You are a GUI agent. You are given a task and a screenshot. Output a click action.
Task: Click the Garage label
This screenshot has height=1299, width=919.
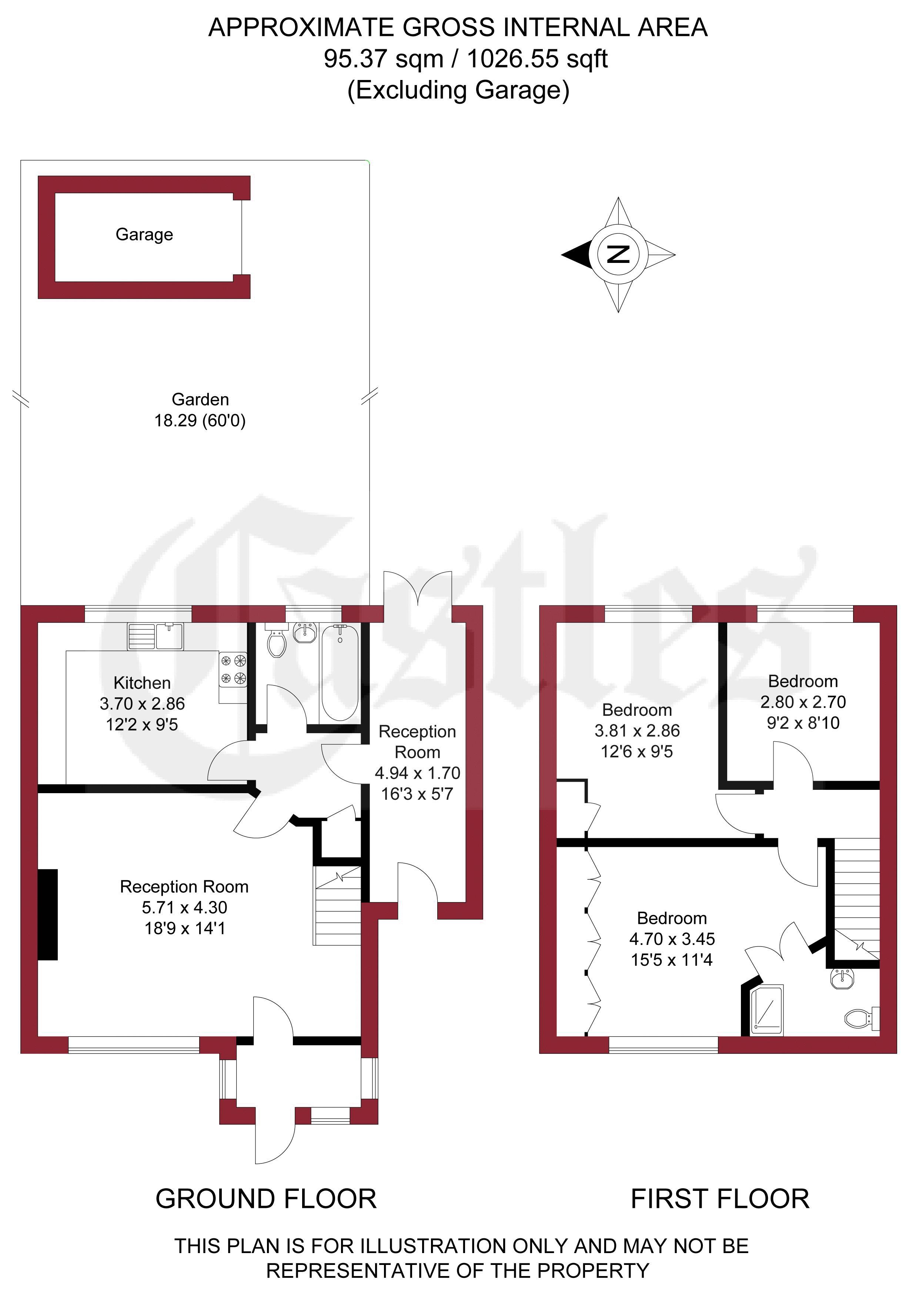pos(144,235)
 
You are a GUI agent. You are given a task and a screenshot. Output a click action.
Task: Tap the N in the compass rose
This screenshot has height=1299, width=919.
pos(618,255)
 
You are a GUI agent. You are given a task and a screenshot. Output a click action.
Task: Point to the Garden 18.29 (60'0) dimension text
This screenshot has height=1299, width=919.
pos(200,410)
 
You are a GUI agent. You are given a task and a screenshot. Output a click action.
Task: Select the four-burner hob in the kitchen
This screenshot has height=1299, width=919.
pos(233,669)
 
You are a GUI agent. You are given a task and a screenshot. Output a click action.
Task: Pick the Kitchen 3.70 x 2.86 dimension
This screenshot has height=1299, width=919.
pos(142,704)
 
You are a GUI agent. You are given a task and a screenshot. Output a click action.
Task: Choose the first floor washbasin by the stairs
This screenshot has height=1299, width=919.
pos(843,979)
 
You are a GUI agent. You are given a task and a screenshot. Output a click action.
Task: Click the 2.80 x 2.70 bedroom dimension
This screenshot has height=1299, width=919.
pos(803,702)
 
